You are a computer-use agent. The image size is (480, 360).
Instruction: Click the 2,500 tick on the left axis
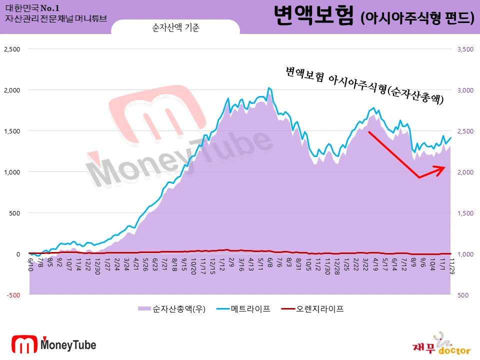(12, 49)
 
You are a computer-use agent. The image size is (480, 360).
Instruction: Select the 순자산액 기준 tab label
(175, 28)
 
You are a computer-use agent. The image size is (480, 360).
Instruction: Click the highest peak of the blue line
(268, 87)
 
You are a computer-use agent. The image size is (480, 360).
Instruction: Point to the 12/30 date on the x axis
(98, 263)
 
